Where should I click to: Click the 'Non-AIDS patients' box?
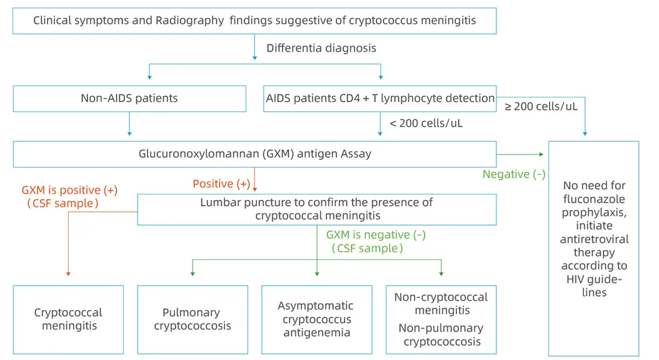129,98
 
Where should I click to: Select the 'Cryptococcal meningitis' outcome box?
68,319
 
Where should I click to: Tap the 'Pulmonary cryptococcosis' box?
192,319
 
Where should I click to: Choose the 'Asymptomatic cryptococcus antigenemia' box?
316,319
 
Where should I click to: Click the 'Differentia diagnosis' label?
321,48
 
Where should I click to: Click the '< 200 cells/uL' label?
426,123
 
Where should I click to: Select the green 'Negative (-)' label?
513,174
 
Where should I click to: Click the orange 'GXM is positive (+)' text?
69,189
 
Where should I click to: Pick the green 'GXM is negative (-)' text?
376,235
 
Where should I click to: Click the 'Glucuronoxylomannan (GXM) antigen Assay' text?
254,154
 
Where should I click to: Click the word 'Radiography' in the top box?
190,21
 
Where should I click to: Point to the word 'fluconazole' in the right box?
593,199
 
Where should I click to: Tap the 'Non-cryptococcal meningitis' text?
441,304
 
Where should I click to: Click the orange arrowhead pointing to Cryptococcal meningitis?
68,273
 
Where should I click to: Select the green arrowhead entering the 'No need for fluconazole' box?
542,154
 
